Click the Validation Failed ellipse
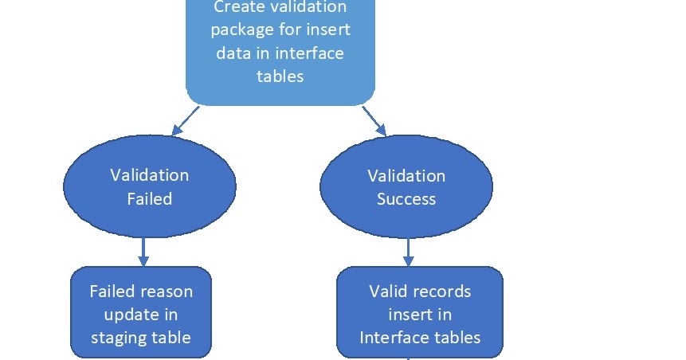(149, 187)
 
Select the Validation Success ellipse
(406, 187)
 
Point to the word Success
(406, 199)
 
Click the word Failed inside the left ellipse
(149, 199)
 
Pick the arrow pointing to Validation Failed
(185, 120)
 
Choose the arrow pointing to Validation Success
(374, 120)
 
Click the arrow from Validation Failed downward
(143, 252)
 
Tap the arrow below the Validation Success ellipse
(408, 252)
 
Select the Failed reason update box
(141, 312)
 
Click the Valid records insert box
(420, 312)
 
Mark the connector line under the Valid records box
(409, 358)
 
